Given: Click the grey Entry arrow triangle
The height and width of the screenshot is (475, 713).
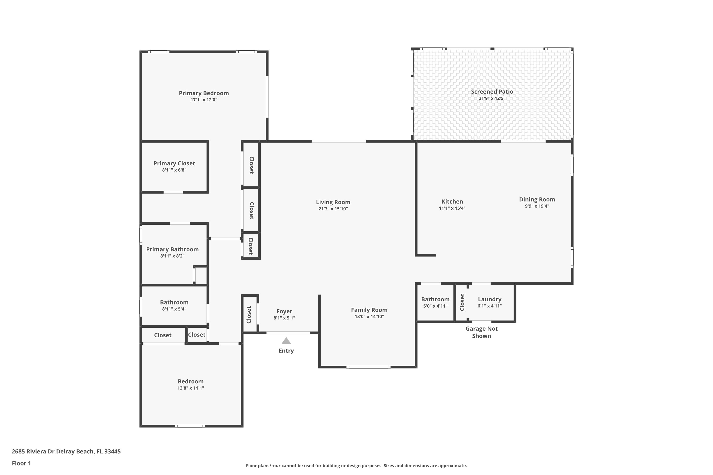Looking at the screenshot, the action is point(286,341).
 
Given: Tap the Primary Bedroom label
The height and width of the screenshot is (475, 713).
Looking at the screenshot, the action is point(204,93).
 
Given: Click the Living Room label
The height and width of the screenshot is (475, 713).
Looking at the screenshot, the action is point(333,202).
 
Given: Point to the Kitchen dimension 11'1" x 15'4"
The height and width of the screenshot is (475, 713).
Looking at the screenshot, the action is point(452,208).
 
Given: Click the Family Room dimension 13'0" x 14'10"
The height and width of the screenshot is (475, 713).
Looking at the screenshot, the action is point(369,317).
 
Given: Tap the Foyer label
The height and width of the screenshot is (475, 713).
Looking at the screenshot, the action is point(284,311).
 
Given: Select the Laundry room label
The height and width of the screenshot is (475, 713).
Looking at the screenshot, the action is point(490,299).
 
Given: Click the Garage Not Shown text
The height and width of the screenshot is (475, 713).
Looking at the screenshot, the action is point(482,332).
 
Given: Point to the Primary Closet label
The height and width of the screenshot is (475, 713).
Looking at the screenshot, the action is point(174,164).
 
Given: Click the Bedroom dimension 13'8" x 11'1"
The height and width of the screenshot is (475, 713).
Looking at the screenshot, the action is point(191,388).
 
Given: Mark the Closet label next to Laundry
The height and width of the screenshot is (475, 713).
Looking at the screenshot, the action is point(462,302).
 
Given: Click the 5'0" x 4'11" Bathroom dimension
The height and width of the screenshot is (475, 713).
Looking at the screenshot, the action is point(435,306).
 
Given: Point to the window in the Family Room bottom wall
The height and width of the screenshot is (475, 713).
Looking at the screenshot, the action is point(368,367).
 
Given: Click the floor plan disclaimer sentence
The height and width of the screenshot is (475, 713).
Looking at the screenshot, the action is point(356,465).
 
